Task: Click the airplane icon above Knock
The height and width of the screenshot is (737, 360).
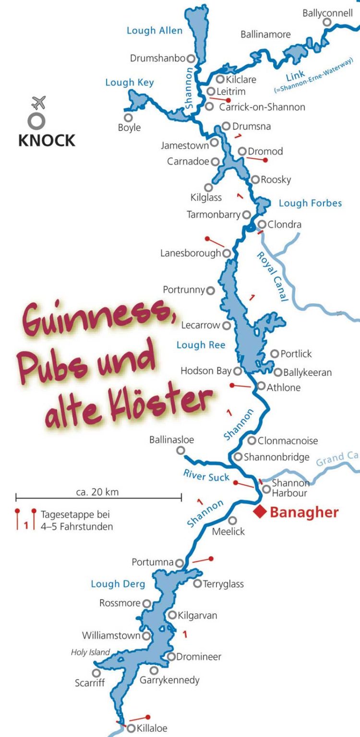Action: coord(38,102)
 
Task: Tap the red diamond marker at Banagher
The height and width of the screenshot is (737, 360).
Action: coord(261,511)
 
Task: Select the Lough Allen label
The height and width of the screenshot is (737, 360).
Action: coord(155,31)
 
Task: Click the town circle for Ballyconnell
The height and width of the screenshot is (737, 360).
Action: coord(327,22)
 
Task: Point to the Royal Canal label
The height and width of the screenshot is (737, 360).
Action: coord(273,276)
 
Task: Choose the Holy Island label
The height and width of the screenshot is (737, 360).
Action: coord(90,653)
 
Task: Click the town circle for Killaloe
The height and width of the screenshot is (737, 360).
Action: coord(131,728)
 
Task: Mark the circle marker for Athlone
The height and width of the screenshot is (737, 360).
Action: coord(261,386)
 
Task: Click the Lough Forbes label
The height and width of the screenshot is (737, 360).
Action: coord(310,203)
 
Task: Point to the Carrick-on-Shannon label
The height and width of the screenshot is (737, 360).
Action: coord(262,107)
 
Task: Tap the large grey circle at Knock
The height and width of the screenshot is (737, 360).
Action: coord(37,121)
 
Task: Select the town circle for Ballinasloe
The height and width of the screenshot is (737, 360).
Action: coord(180,450)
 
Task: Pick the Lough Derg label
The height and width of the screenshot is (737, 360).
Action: coord(118,584)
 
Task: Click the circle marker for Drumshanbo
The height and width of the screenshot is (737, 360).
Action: coord(191,59)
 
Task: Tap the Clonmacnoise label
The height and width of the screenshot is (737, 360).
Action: coord(288,440)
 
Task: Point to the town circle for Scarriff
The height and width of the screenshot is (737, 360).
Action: coord(96,673)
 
